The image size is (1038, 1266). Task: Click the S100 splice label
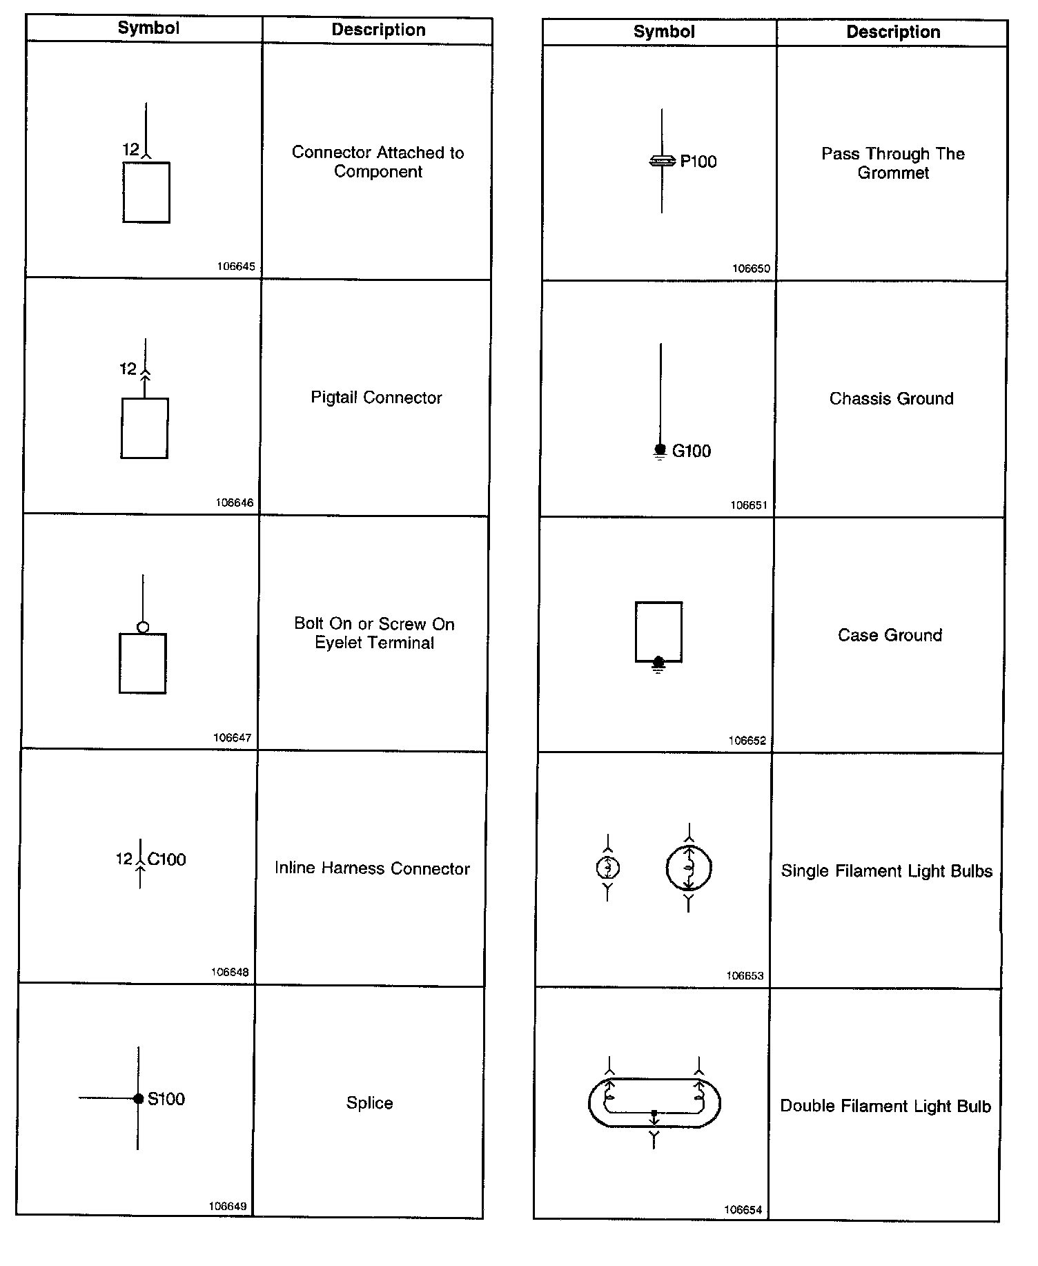166,1099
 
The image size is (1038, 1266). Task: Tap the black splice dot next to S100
139,1098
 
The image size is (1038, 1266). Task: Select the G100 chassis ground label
691,451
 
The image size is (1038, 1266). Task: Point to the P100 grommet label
698,162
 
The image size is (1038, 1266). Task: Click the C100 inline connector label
166,859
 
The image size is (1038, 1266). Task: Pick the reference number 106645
236,266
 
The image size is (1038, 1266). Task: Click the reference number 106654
743,1209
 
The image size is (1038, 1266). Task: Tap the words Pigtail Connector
376,398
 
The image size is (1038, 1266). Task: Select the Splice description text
369,1103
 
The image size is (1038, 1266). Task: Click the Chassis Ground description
891,399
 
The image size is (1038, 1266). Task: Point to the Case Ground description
890,635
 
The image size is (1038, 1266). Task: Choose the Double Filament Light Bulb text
885,1106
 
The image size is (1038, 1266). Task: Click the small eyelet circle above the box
143,627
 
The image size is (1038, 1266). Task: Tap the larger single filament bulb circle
689,868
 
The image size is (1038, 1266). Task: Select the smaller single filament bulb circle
607,868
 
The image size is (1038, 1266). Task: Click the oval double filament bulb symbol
654,1102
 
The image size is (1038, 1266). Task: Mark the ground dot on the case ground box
658,663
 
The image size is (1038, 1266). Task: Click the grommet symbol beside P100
662,162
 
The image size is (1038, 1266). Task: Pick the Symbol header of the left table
148,28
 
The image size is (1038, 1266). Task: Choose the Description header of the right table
893,32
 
